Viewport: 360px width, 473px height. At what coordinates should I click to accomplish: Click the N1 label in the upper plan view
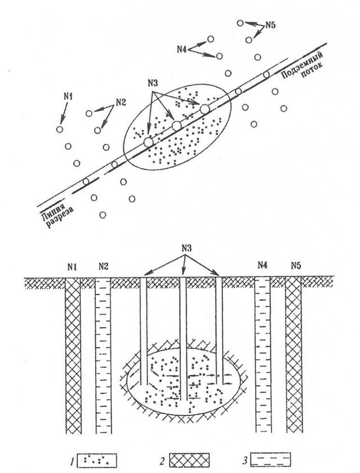[x=68, y=96]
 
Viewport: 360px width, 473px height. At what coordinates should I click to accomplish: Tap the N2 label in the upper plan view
[x=121, y=102]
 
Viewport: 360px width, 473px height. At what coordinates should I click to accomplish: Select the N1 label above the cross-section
[x=72, y=265]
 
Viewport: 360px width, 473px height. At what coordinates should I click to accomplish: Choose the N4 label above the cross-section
[x=263, y=265]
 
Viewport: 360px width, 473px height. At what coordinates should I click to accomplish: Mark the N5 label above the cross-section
[x=294, y=265]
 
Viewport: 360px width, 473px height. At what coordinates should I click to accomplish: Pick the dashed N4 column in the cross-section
[x=263, y=360]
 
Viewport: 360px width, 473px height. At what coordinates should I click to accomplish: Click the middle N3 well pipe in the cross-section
[x=184, y=338]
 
